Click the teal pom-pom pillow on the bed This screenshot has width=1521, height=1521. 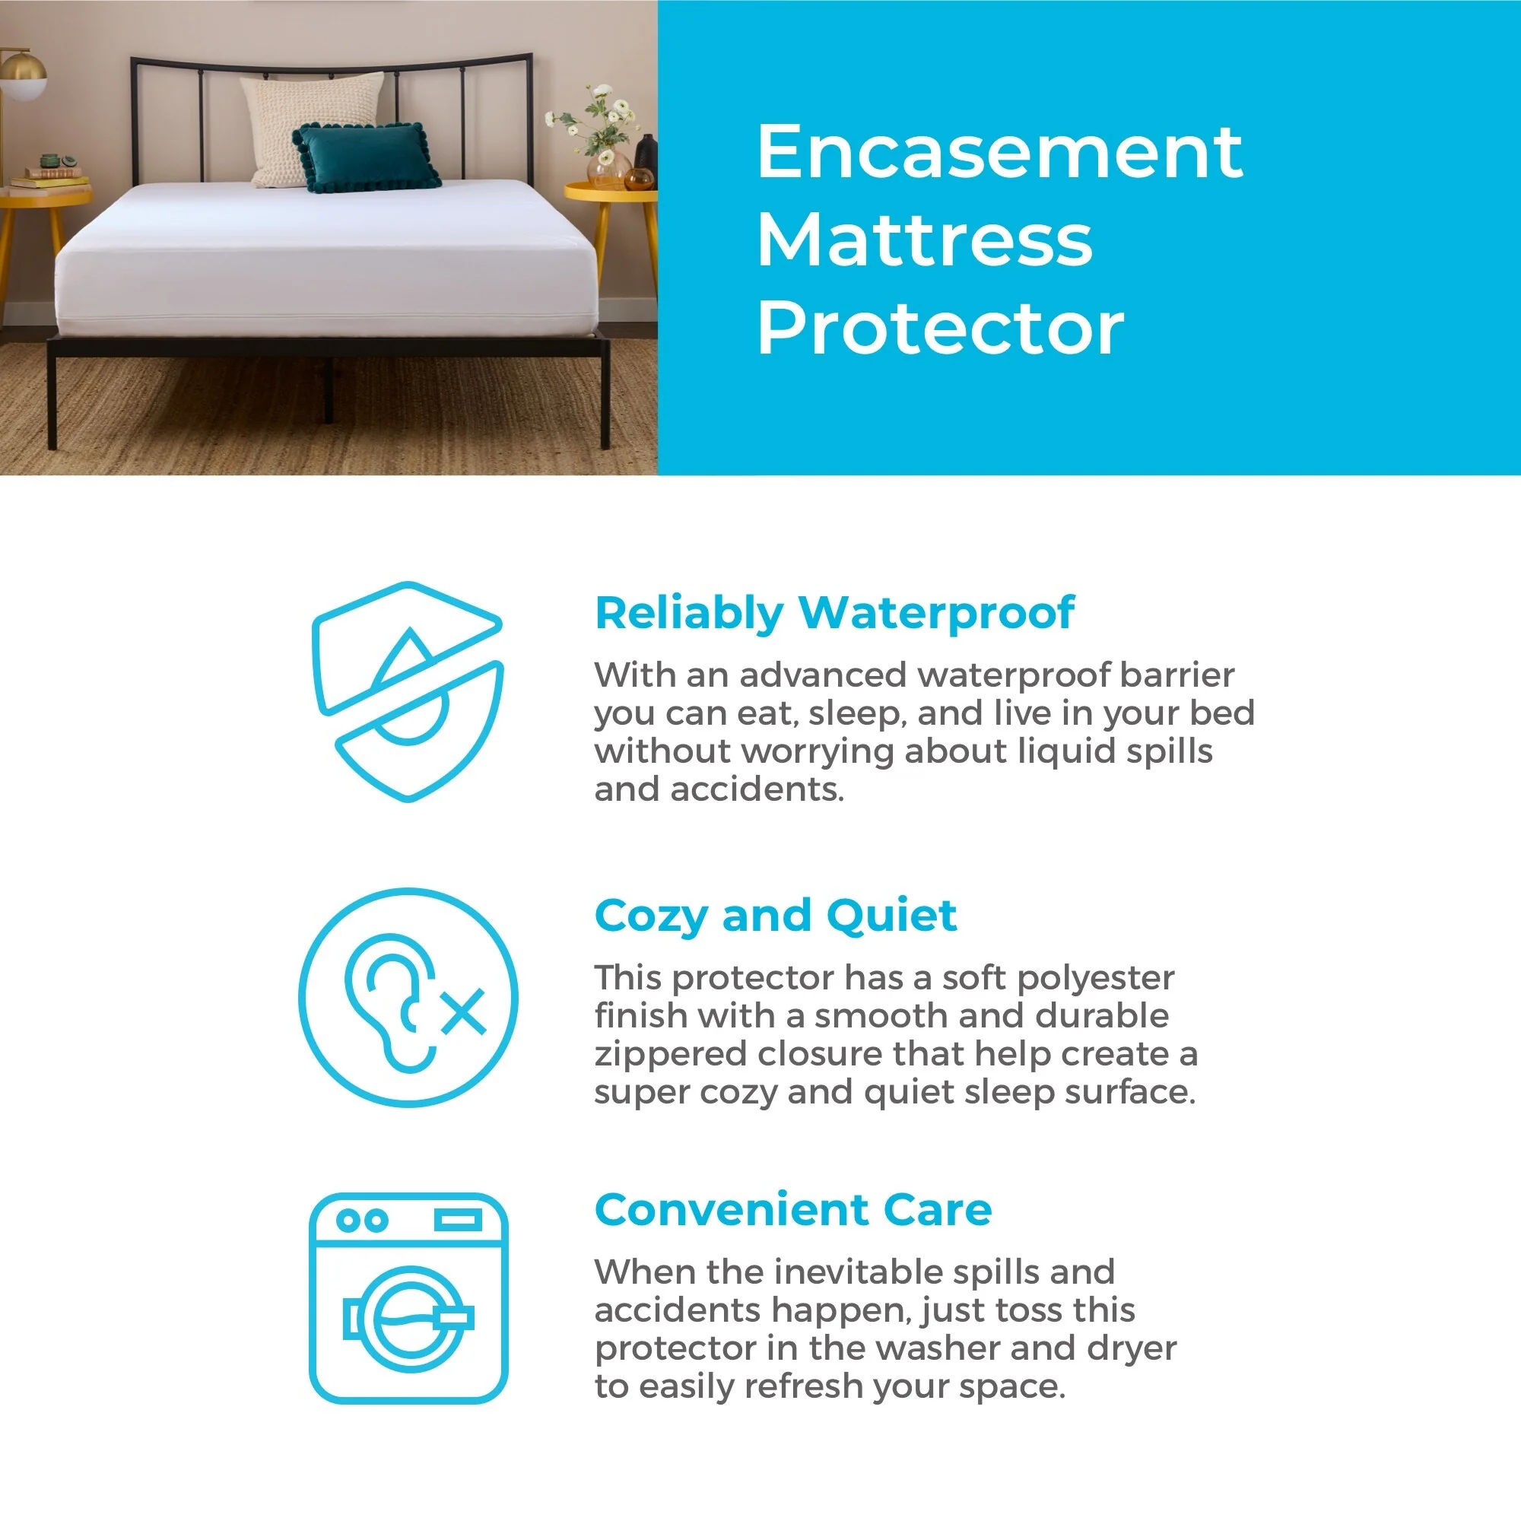(366, 158)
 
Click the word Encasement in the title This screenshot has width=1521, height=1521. (999, 153)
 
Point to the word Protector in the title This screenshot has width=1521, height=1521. (940, 329)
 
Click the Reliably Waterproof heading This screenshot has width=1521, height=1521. (834, 614)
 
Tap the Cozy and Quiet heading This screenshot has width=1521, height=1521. (776, 916)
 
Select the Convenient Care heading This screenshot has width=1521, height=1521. (792, 1210)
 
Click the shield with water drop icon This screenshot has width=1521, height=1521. (407, 692)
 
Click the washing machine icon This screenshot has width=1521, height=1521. (408, 1298)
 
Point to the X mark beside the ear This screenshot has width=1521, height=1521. (463, 1012)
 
